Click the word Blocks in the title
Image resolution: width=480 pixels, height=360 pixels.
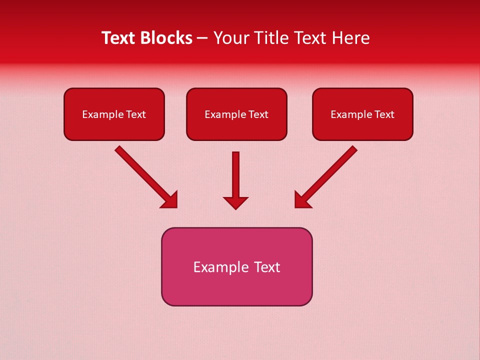coord(165,38)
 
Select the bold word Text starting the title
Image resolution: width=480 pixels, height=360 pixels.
coord(119,38)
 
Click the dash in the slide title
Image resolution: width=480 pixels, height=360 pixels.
coord(202,38)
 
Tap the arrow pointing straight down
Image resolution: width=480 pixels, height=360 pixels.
coord(235,175)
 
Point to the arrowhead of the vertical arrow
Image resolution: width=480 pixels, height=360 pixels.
coord(235,202)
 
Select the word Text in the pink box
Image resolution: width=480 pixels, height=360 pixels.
coord(267,267)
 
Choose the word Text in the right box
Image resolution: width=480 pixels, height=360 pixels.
coord(384,114)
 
